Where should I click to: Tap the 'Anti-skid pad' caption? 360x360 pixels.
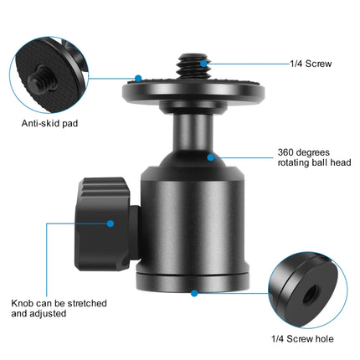pos(49,126)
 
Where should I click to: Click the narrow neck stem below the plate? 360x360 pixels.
pos(193,134)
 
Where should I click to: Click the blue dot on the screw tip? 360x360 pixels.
pos(203,63)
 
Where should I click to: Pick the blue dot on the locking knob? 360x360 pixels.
pos(111,223)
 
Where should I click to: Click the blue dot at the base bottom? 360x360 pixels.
pos(194,293)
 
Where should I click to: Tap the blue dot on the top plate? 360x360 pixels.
pos(136,79)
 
